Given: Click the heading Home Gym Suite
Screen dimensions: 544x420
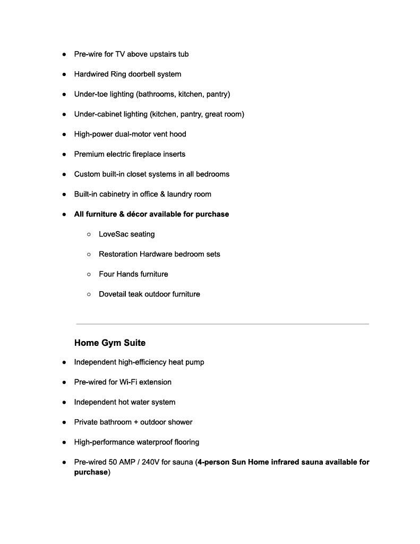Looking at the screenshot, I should (x=109, y=343).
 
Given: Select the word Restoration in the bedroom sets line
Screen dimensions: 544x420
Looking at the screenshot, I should (x=118, y=254).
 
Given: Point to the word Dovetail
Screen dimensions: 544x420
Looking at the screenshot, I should (x=113, y=294).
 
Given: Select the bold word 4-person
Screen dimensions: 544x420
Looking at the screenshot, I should (x=213, y=462).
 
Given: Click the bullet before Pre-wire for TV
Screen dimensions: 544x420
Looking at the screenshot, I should (x=64, y=54).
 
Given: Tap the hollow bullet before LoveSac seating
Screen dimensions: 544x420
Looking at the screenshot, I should (x=89, y=234).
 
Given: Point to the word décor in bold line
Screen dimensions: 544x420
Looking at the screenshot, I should (x=137, y=215).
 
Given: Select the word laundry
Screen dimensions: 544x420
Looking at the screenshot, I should (x=181, y=194).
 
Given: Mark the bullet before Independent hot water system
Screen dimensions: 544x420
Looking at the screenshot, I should (x=64, y=402).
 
